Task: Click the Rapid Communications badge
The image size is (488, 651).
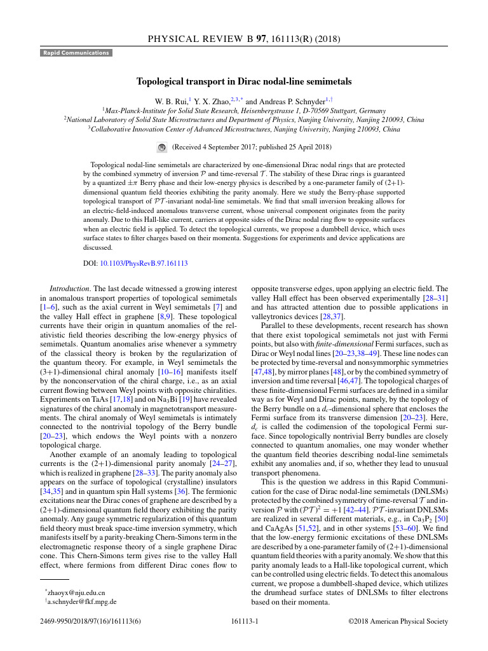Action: pyautogui.click(x=76, y=53)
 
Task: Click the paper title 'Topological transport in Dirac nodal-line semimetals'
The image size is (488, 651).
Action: pyautogui.click(x=244, y=82)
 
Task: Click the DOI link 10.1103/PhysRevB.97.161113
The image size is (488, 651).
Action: pyautogui.click(x=144, y=263)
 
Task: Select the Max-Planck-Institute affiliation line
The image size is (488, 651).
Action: pyautogui.click(x=244, y=110)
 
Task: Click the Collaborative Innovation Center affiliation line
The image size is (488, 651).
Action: pyautogui.click(x=244, y=128)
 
